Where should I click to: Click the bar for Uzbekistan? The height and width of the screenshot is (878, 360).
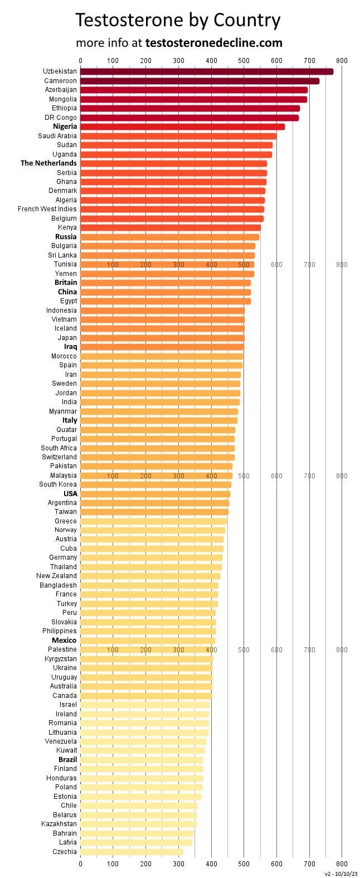pyautogui.click(x=206, y=71)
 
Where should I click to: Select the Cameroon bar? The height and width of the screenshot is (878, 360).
pyautogui.click(x=200, y=81)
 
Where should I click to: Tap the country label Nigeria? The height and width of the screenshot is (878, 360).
pyautogui.click(x=65, y=127)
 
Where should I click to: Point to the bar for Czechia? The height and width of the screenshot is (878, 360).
pyautogui.click(x=132, y=851)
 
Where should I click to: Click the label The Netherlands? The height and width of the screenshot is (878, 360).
pyautogui.click(x=48, y=163)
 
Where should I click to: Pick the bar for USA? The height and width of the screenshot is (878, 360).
pyautogui.click(x=155, y=494)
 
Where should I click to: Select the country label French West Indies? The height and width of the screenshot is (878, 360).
pyautogui.click(x=47, y=209)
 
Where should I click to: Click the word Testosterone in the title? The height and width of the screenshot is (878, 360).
pyautogui.click(x=130, y=21)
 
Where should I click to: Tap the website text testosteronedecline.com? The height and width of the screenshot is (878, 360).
pyautogui.click(x=213, y=43)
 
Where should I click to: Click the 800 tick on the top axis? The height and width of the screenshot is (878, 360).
pyautogui.click(x=342, y=60)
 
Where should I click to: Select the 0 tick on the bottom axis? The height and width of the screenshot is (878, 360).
pyautogui.click(x=80, y=864)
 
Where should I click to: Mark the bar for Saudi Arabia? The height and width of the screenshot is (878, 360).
pyautogui.click(x=178, y=136)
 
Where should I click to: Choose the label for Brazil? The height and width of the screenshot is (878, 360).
pyautogui.click(x=67, y=760)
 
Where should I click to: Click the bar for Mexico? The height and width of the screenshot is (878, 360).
pyautogui.click(x=148, y=641)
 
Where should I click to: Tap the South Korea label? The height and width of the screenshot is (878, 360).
pyautogui.click(x=58, y=484)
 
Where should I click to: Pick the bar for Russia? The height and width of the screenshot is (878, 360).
pyautogui.click(x=169, y=237)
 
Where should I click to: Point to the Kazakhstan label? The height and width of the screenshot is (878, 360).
pyautogui.click(x=59, y=824)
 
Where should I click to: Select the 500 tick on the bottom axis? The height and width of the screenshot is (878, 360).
pyautogui.click(x=244, y=864)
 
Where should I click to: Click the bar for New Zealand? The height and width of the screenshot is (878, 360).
pyautogui.click(x=150, y=576)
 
